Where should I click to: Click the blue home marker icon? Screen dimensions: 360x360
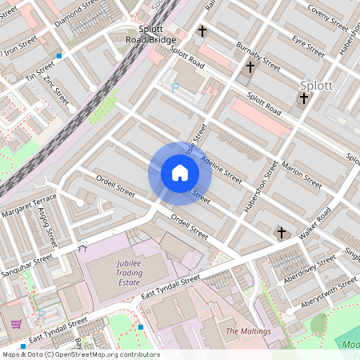(180, 173)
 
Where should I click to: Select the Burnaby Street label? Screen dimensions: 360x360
(258, 57)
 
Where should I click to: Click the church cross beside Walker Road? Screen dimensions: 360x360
(281, 233)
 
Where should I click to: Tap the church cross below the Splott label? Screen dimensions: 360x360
(303, 99)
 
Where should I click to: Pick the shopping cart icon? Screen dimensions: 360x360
(16, 324)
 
